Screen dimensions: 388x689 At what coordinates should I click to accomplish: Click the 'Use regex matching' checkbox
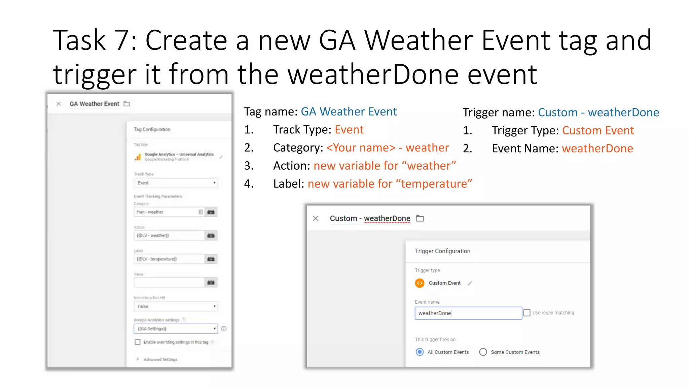(527, 313)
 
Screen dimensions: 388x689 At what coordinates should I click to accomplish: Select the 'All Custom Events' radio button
(420, 352)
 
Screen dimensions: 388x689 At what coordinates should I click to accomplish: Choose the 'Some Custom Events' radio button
(483, 352)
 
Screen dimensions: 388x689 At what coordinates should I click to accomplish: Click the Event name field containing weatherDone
(468, 313)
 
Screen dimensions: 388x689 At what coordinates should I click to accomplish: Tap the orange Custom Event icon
(420, 283)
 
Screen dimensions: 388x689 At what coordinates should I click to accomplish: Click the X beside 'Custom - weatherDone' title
(316, 219)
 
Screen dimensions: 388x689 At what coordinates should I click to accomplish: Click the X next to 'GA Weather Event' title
(59, 104)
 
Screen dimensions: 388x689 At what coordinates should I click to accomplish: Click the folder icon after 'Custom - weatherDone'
(420, 219)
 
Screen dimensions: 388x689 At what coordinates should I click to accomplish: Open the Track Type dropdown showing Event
(176, 183)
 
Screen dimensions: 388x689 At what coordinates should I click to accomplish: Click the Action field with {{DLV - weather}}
(169, 235)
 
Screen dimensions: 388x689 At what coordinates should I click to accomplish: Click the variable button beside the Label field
(211, 259)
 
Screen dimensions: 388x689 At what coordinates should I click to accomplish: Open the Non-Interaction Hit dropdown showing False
(176, 306)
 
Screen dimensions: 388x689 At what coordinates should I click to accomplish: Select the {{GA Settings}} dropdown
(176, 329)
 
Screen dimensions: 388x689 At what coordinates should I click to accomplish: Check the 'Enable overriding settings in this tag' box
(138, 342)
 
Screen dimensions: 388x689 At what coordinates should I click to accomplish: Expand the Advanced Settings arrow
(138, 359)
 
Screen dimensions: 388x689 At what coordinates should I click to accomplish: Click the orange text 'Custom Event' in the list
(598, 131)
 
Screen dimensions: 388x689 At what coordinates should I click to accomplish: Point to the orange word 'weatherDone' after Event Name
(597, 149)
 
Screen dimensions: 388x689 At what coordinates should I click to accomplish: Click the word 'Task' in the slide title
(79, 40)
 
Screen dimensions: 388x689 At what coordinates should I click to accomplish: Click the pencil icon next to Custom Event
(470, 283)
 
